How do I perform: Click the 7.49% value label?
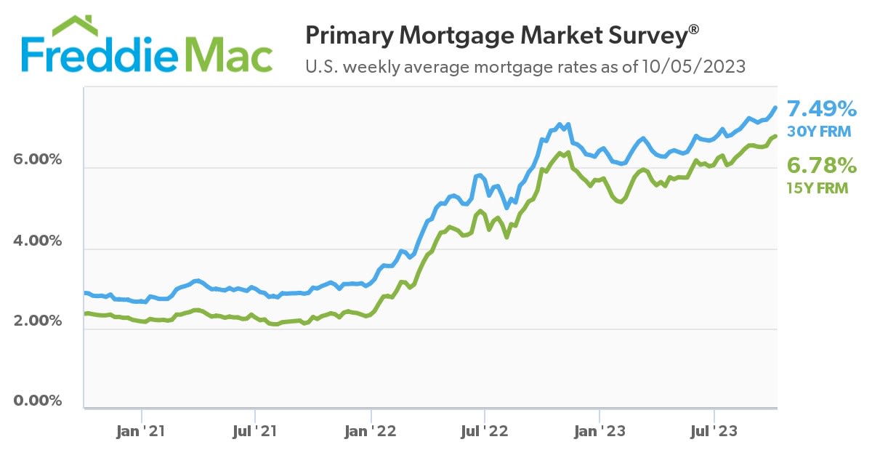pyautogui.click(x=822, y=109)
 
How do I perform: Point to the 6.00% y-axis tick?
pyautogui.click(x=36, y=160)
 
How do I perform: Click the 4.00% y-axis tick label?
pyautogui.click(x=36, y=241)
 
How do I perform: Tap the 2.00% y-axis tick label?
pyautogui.click(x=36, y=321)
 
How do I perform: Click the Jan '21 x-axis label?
pyautogui.click(x=141, y=431)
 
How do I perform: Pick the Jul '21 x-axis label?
pyautogui.click(x=256, y=431)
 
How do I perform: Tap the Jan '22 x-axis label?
pyautogui.click(x=371, y=431)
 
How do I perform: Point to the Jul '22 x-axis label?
pyautogui.click(x=485, y=431)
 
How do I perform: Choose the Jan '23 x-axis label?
pyautogui.click(x=599, y=431)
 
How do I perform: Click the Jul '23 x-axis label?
pyautogui.click(x=714, y=431)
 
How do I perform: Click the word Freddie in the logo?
pyautogui.click(x=98, y=54)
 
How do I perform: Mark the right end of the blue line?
pyautogui.click(x=775, y=108)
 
